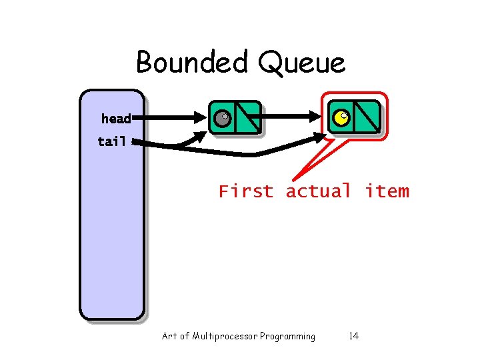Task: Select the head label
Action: coord(116,119)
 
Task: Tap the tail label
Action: coord(112,141)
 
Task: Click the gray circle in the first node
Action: coord(222,119)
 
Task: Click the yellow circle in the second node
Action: coord(341,118)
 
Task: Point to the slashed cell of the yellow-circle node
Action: coord(366,117)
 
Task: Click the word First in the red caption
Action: coord(246,191)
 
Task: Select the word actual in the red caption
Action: coord(318,191)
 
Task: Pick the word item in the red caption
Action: coord(387,191)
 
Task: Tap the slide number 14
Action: coord(353,336)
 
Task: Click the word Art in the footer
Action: coord(169,336)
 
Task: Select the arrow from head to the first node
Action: coord(167,119)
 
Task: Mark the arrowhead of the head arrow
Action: coord(201,119)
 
